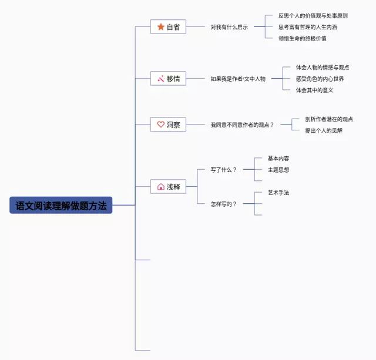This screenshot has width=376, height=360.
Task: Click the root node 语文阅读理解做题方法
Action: pyautogui.click(x=61, y=205)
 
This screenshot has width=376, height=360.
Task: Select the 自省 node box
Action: pyautogui.click(x=168, y=27)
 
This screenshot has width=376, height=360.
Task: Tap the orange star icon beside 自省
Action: pyautogui.click(x=160, y=27)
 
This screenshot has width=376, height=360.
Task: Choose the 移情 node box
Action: pyautogui.click(x=168, y=78)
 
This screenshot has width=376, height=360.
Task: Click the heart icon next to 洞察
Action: pyautogui.click(x=160, y=125)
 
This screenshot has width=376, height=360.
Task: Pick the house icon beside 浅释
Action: pyautogui.click(x=160, y=187)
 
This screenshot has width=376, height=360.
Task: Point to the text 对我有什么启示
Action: pyautogui.click(x=229, y=27)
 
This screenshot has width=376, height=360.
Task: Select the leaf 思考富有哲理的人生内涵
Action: pyautogui.click(x=307, y=27)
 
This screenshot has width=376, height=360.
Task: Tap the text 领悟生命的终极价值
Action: pyautogui.click(x=302, y=38)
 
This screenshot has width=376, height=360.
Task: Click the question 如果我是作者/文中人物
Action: pyautogui.click(x=238, y=78)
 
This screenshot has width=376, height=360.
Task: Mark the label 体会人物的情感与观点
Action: pyautogui.click(x=322, y=67)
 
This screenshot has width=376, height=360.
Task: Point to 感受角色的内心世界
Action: pyautogui.click(x=320, y=78)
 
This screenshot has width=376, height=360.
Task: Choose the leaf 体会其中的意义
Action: pyautogui.click(x=314, y=90)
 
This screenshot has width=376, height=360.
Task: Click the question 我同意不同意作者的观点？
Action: pyautogui.click(x=242, y=125)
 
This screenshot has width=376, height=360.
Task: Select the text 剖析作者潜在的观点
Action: pyautogui.click(x=329, y=119)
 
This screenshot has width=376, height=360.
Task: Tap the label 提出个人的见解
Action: pyautogui.click(x=324, y=130)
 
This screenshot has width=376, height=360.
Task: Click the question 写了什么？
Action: pyautogui.click(x=223, y=170)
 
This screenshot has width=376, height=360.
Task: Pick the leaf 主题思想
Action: pyautogui.click(x=278, y=170)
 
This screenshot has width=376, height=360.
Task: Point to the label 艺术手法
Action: pyautogui.click(x=278, y=193)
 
